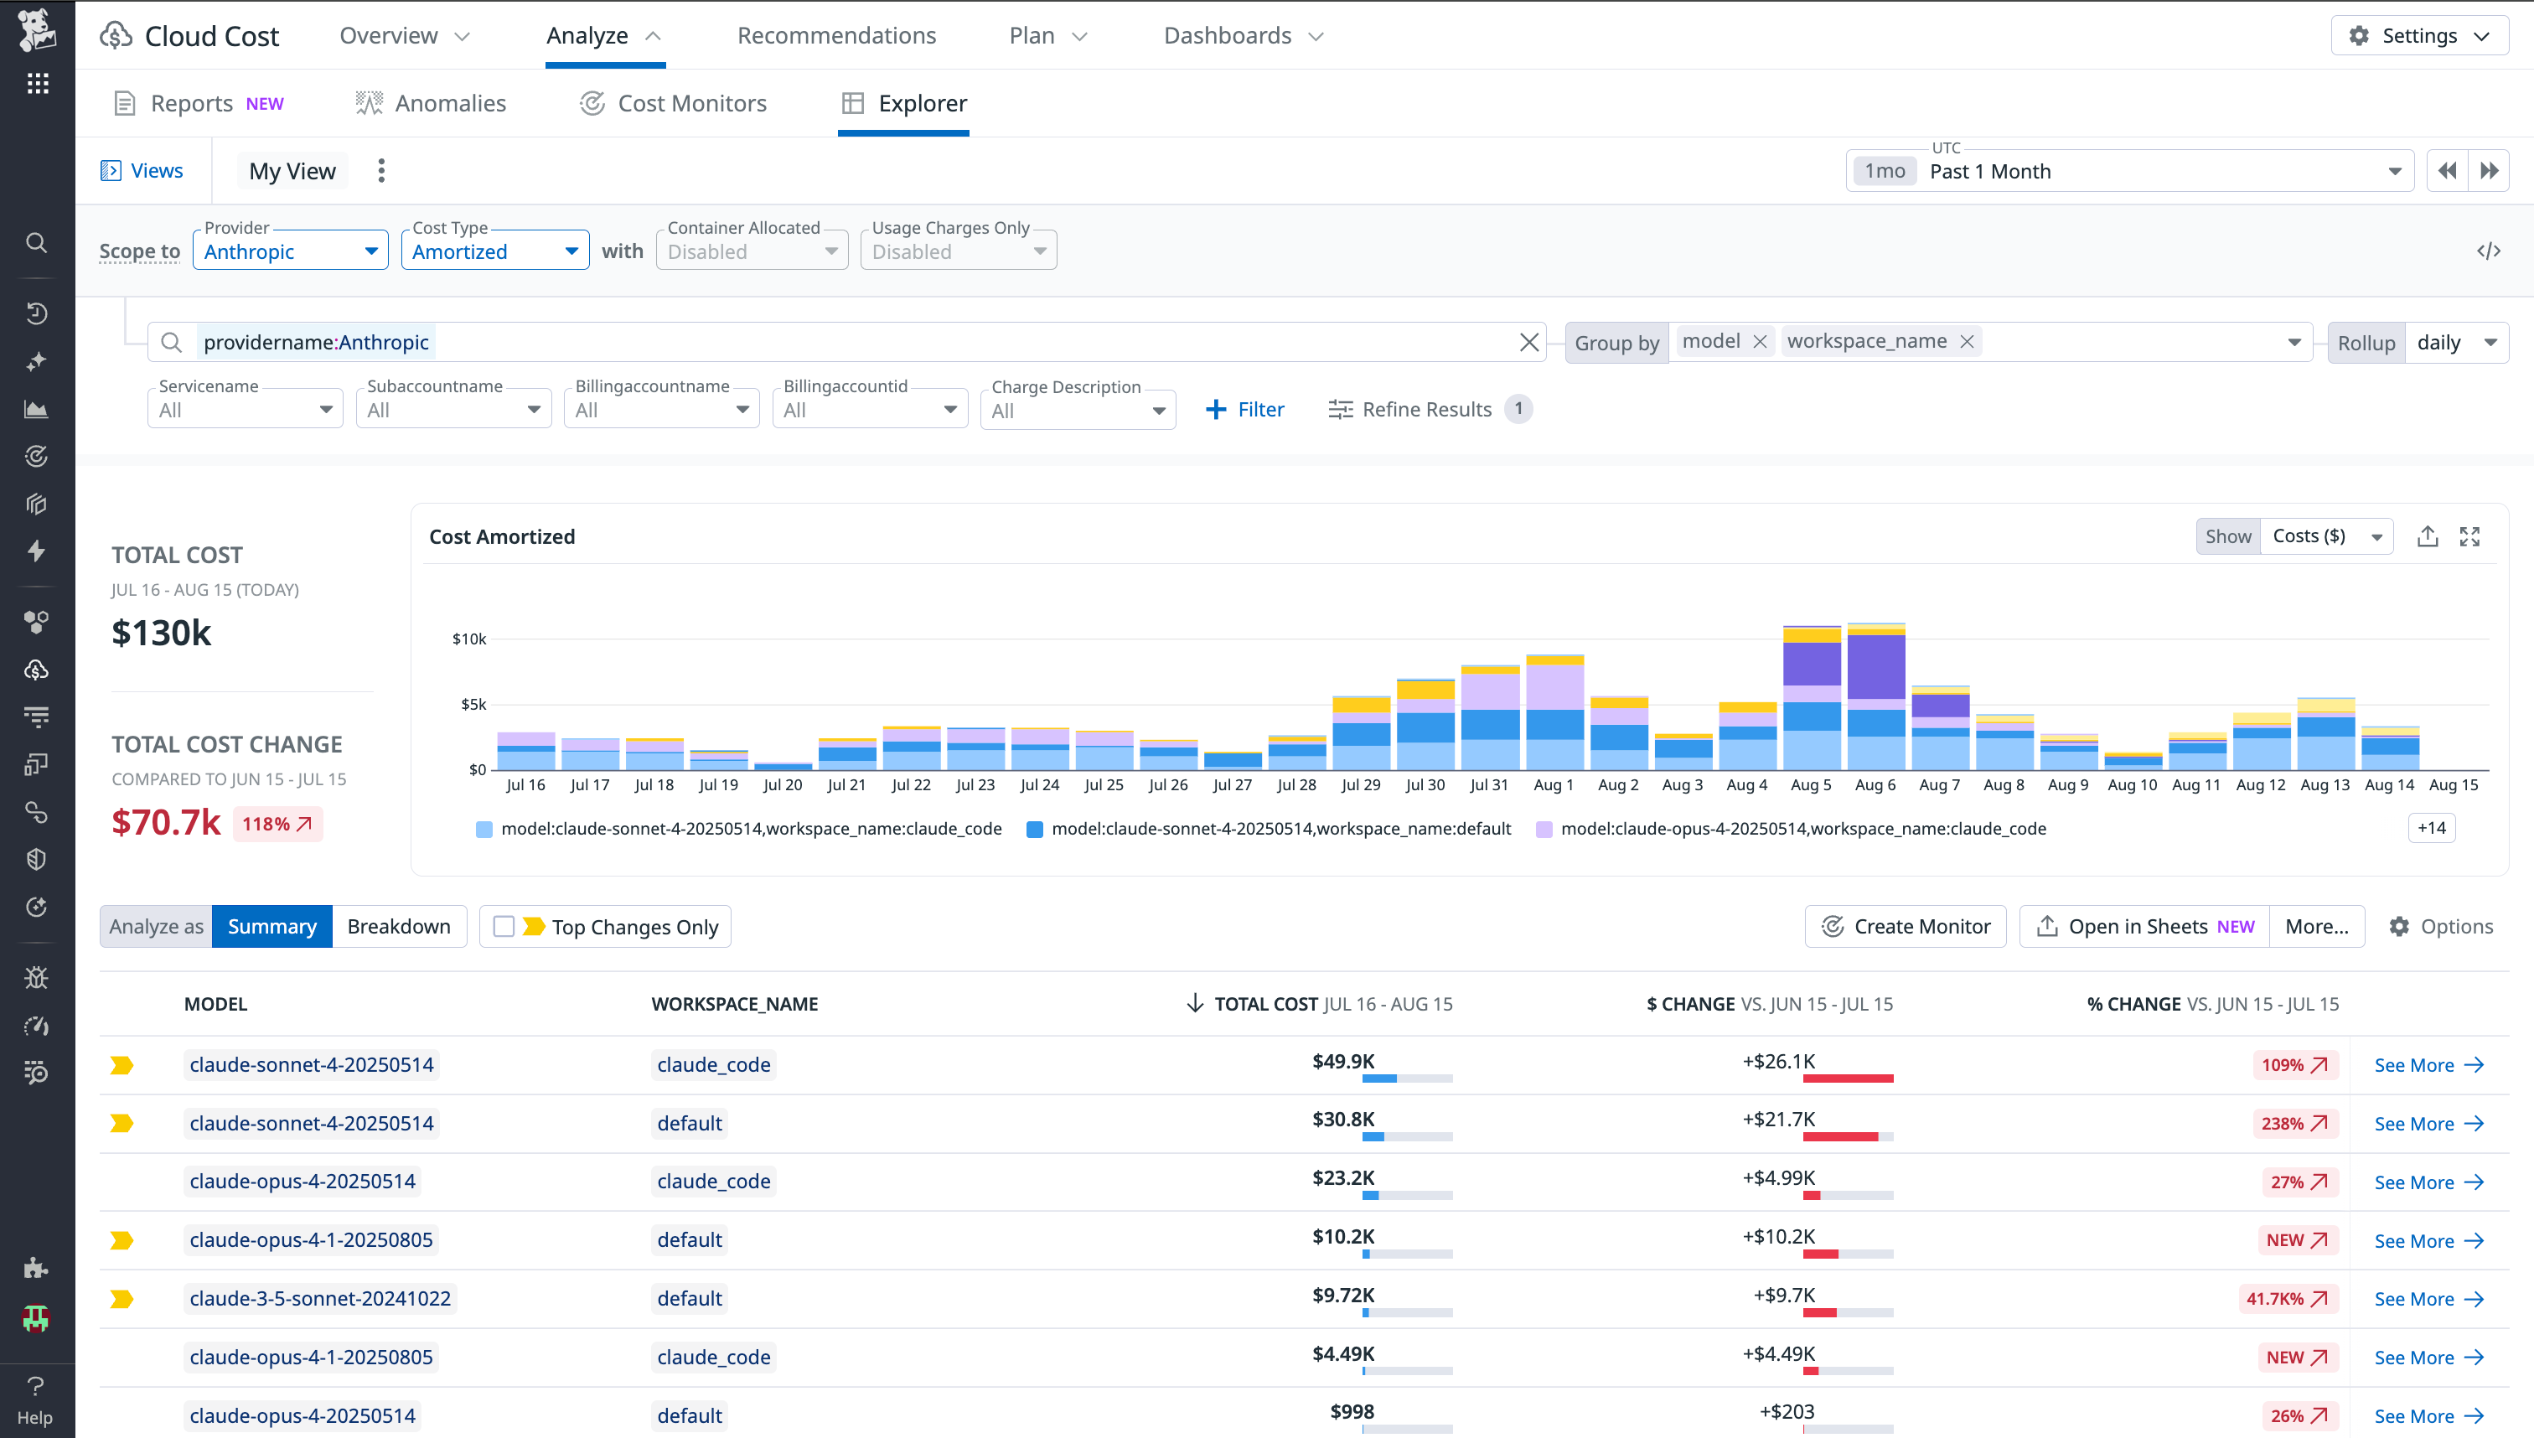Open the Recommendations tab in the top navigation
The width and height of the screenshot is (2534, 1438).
[835, 35]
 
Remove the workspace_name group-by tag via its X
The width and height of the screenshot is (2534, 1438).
[1966, 342]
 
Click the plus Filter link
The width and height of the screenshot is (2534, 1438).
[1244, 409]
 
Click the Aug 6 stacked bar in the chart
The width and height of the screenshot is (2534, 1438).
[1875, 697]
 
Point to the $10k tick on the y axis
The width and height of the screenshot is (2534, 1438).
[469, 639]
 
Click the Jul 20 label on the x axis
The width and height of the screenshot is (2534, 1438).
[782, 785]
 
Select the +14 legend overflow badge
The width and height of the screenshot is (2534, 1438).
[2430, 828]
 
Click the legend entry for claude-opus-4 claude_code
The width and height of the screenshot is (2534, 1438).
[1802, 829]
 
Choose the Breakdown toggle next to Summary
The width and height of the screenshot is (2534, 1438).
[398, 927]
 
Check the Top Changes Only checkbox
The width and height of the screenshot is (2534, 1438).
[504, 927]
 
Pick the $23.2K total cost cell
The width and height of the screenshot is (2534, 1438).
[1342, 1177]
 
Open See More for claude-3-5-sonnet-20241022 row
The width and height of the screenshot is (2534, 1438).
[2428, 1299]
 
